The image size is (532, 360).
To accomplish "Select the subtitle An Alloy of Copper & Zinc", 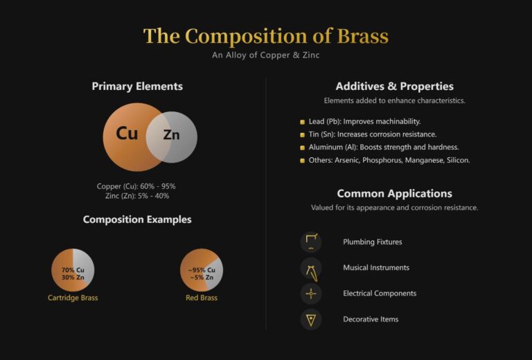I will point(266,55).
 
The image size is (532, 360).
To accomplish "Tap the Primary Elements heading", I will point(137,87).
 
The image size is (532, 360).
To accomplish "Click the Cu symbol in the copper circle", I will point(127,134).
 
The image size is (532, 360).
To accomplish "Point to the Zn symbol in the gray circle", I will point(171,135).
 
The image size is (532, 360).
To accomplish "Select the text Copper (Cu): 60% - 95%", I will point(136,186).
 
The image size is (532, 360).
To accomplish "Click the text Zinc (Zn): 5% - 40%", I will point(136,196).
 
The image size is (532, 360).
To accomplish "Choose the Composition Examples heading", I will point(137,219).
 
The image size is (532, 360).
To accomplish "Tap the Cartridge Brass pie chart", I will point(73,269).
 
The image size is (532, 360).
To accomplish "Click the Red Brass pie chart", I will point(202,269).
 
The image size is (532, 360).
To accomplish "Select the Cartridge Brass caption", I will point(73,298).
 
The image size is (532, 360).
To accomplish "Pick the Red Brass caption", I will point(202,298).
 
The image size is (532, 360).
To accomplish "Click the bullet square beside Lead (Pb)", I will point(302,122).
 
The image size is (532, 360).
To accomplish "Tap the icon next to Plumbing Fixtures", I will point(311,242).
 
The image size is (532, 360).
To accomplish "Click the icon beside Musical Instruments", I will point(311,268).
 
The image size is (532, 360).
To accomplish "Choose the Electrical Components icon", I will point(311,294).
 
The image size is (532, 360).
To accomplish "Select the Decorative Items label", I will point(371,319).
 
